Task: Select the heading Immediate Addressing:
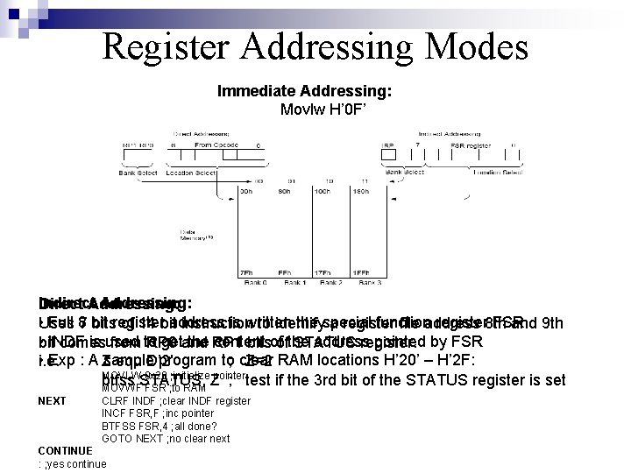304,90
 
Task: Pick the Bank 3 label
367,282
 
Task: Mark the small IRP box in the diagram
386,144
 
